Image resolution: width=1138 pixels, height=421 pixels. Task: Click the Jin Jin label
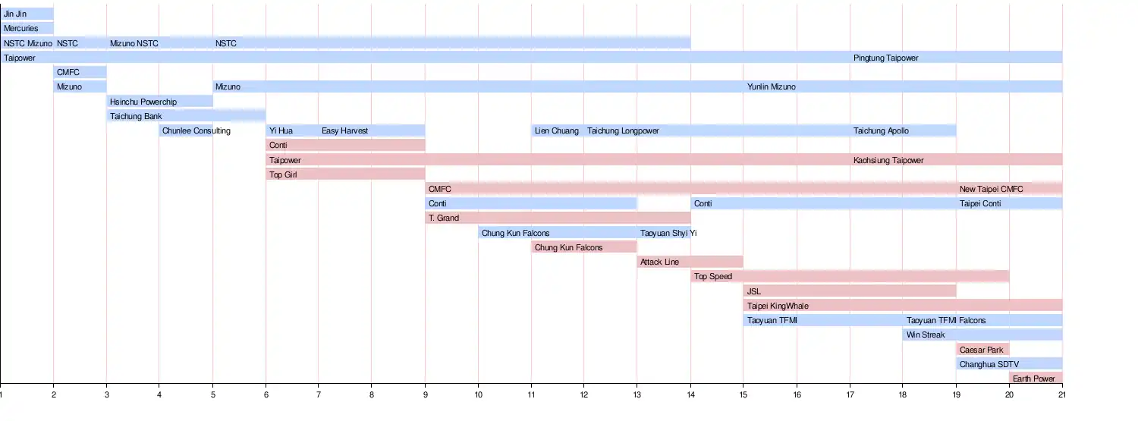tap(15, 14)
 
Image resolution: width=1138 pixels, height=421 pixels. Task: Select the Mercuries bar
tap(27, 29)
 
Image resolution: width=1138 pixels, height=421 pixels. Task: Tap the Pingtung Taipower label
tap(885, 58)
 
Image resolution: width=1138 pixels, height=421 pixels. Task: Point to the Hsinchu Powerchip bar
tap(159, 102)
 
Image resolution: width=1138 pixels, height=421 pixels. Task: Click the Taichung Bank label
tap(136, 116)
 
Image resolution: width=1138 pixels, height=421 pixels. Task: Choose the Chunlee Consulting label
tap(196, 130)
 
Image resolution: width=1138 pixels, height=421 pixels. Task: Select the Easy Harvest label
tap(344, 130)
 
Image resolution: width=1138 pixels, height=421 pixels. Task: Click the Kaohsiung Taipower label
tap(888, 160)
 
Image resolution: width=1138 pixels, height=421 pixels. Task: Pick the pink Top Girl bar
tap(345, 174)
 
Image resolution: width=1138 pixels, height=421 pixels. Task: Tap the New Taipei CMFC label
tap(991, 189)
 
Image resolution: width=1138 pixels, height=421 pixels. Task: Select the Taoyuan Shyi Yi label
tap(668, 233)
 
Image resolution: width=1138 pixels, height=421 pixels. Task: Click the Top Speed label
tap(713, 277)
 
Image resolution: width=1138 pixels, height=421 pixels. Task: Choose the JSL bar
tap(850, 291)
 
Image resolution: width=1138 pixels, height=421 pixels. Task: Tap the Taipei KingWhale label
tap(778, 306)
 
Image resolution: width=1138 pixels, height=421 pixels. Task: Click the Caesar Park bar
tap(982, 350)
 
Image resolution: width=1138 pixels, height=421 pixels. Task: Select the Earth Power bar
tap(1036, 379)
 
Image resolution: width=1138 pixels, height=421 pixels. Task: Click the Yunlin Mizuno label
tap(772, 87)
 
